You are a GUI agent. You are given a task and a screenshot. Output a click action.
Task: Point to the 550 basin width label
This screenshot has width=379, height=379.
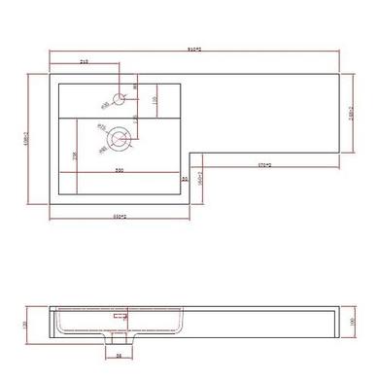pos(120,171)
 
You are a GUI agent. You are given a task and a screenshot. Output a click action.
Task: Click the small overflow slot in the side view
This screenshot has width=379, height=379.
pos(121,316)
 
